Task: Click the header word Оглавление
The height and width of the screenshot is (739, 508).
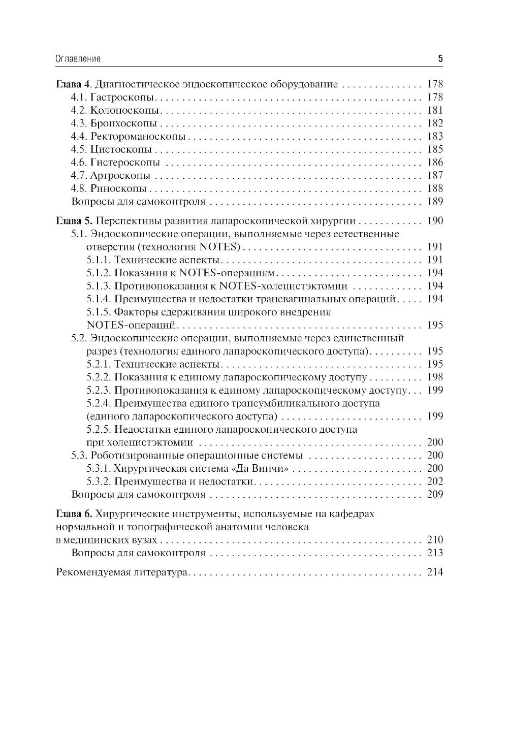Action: pos(78,59)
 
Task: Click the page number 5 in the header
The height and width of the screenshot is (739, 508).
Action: pos(440,59)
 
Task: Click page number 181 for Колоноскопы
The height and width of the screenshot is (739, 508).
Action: pos(435,110)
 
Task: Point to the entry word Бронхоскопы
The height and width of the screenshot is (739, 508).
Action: pos(117,123)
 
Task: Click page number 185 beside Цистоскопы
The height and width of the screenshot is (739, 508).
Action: pos(435,150)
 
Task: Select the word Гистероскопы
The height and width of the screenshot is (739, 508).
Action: pos(118,163)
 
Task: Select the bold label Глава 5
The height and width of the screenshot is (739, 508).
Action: pos(73,221)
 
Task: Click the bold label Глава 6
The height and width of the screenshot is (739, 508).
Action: pos(73,514)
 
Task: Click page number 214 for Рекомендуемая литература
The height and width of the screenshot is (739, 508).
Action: pos(435,572)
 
